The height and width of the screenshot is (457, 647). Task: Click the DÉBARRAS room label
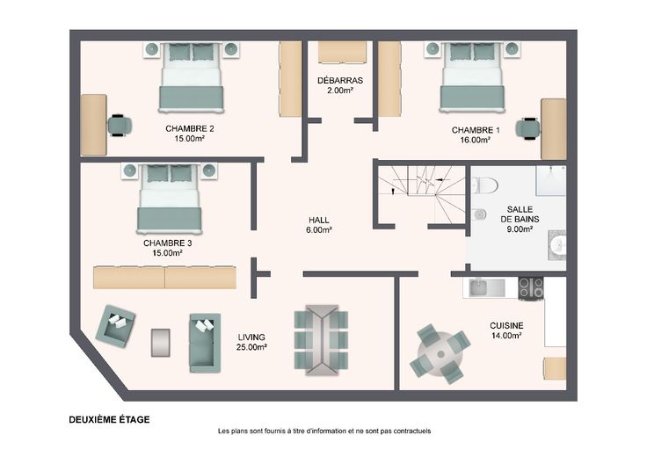(340, 81)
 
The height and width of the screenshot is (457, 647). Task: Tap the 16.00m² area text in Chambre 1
(476, 141)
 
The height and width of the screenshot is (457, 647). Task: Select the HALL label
(319, 221)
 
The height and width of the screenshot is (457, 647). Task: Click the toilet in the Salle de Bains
(483, 185)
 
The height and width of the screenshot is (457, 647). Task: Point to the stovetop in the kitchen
(531, 288)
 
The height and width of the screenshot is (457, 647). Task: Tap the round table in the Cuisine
(440, 354)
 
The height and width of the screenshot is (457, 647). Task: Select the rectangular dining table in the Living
(322, 340)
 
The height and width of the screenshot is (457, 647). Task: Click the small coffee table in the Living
(161, 343)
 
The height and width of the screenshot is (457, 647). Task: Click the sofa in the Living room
(205, 343)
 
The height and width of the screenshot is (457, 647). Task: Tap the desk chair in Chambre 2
(120, 125)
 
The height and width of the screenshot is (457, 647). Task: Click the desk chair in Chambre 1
(527, 128)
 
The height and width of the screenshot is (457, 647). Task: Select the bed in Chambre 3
(169, 198)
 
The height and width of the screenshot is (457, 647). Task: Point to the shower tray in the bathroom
(550, 180)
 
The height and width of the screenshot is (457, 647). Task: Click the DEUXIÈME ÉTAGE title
(109, 420)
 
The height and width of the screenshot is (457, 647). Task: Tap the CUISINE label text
(506, 325)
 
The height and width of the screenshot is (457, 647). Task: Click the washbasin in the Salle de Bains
(557, 245)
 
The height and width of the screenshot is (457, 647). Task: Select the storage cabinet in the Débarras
(343, 53)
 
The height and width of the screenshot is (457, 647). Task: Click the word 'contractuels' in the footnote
(411, 431)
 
